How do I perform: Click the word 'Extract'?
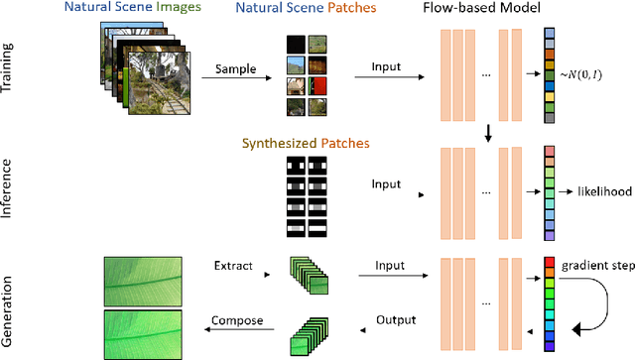(x=234, y=266)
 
